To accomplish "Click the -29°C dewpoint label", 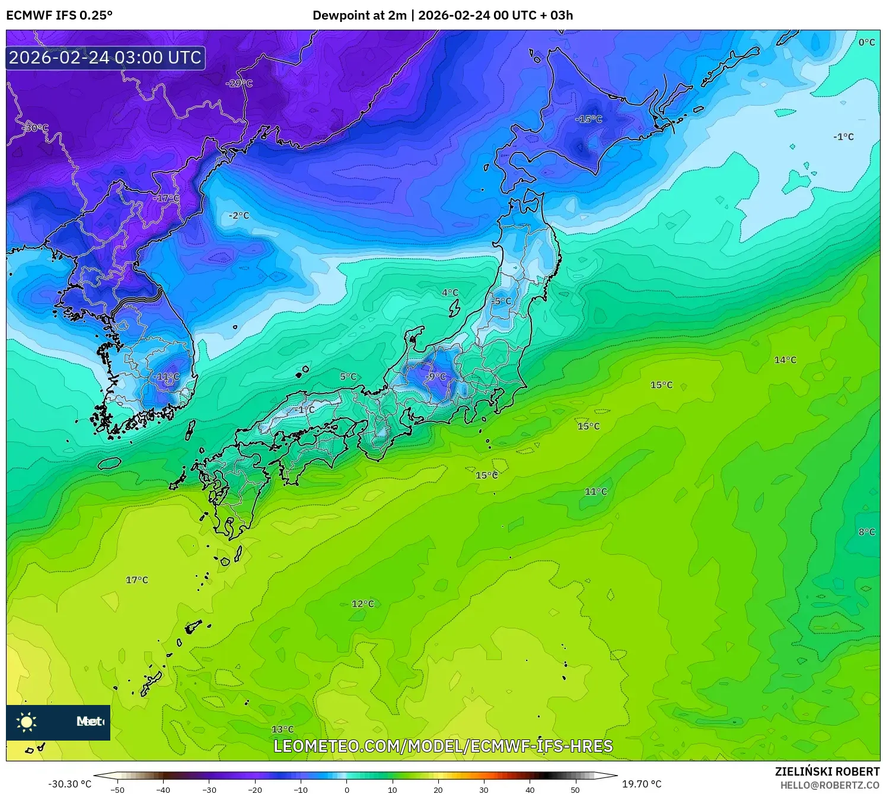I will [239, 84].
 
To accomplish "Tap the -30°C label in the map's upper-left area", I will [36, 128].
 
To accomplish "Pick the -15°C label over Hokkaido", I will [588, 119].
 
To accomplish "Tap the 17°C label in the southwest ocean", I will [137, 580].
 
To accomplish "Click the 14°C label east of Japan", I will [785, 360].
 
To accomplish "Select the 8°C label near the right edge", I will [866, 532].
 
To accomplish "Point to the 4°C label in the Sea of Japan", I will [450, 293].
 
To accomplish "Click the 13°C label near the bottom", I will [282, 729].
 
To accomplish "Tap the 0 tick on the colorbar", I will [347, 789].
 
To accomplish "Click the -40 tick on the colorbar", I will [163, 789].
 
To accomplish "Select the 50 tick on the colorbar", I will [575, 789].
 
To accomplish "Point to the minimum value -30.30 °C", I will [70, 784].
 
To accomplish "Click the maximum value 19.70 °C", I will [642, 784].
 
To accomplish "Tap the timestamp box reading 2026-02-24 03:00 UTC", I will [106, 58].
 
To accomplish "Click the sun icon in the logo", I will [27, 722].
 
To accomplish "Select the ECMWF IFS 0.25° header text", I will [59, 15].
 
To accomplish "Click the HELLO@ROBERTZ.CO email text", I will [830, 785].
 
